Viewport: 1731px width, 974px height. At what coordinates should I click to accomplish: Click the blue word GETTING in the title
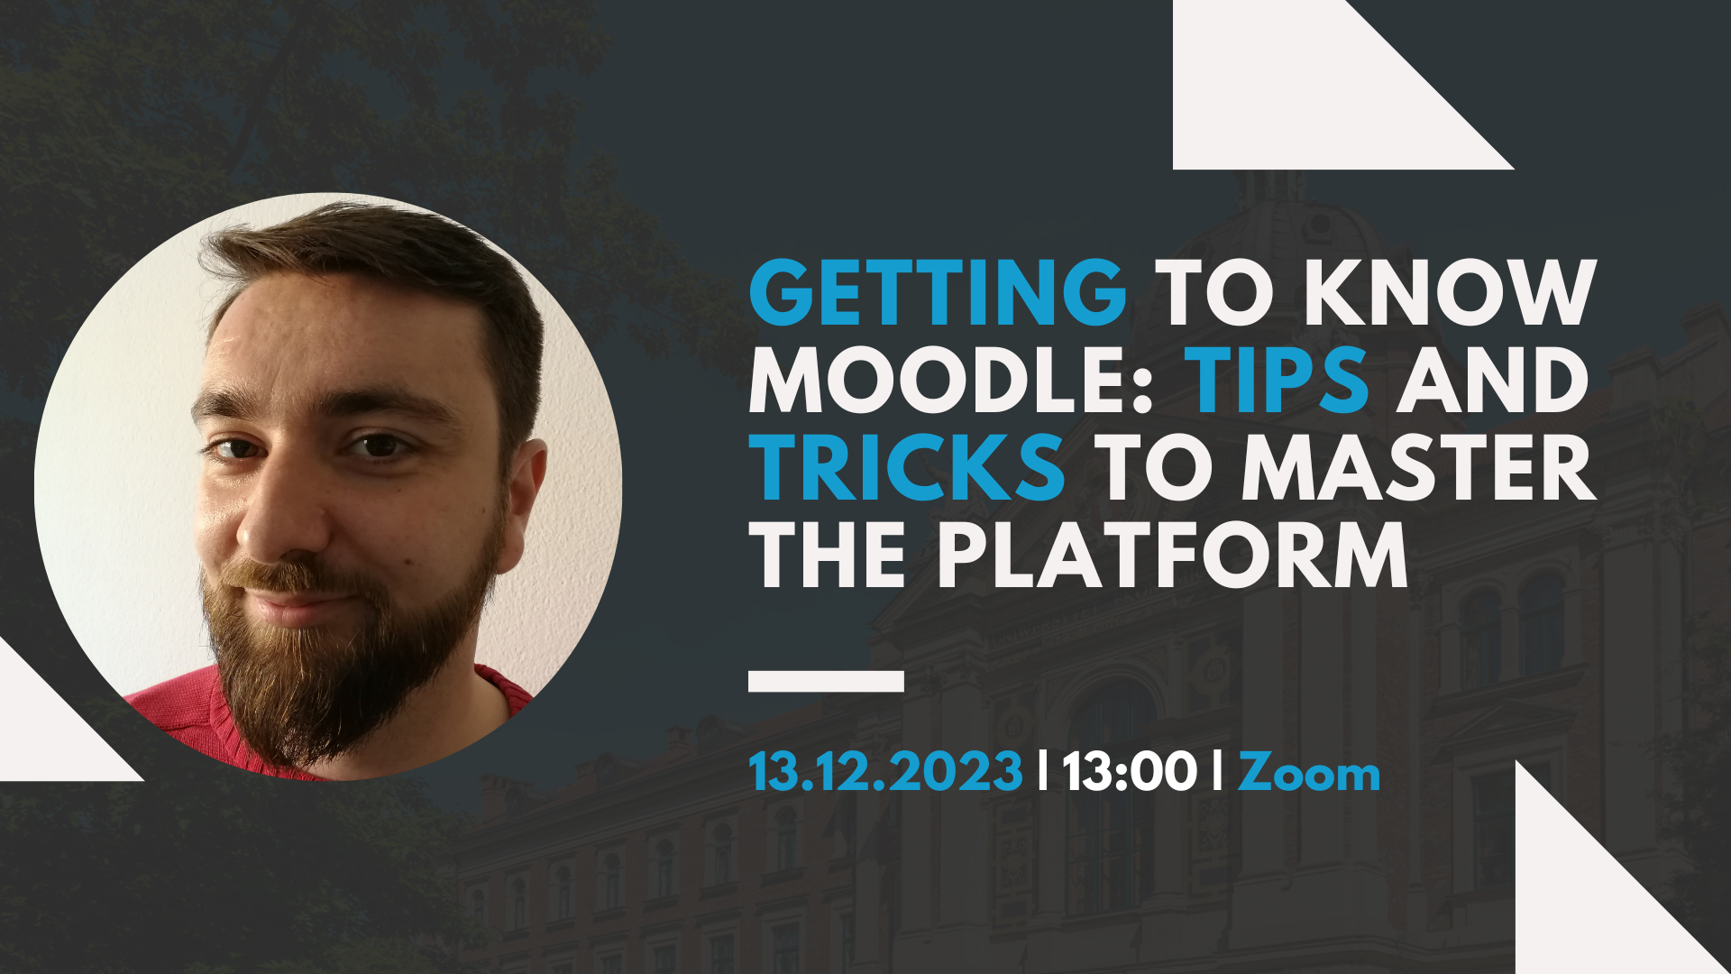(938, 292)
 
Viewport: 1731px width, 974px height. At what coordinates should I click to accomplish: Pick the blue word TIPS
(1278, 380)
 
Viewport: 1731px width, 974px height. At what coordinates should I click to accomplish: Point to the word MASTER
(1418, 467)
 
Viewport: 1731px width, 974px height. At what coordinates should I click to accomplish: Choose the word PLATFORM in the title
(1172, 555)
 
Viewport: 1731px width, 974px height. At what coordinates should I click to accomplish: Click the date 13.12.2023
(885, 773)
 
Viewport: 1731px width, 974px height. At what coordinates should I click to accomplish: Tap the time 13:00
(1129, 773)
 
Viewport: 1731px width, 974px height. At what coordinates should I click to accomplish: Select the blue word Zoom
(1308, 773)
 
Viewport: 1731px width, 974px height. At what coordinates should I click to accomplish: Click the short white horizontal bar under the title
(826, 681)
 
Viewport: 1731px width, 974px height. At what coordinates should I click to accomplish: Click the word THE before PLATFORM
(828, 555)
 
